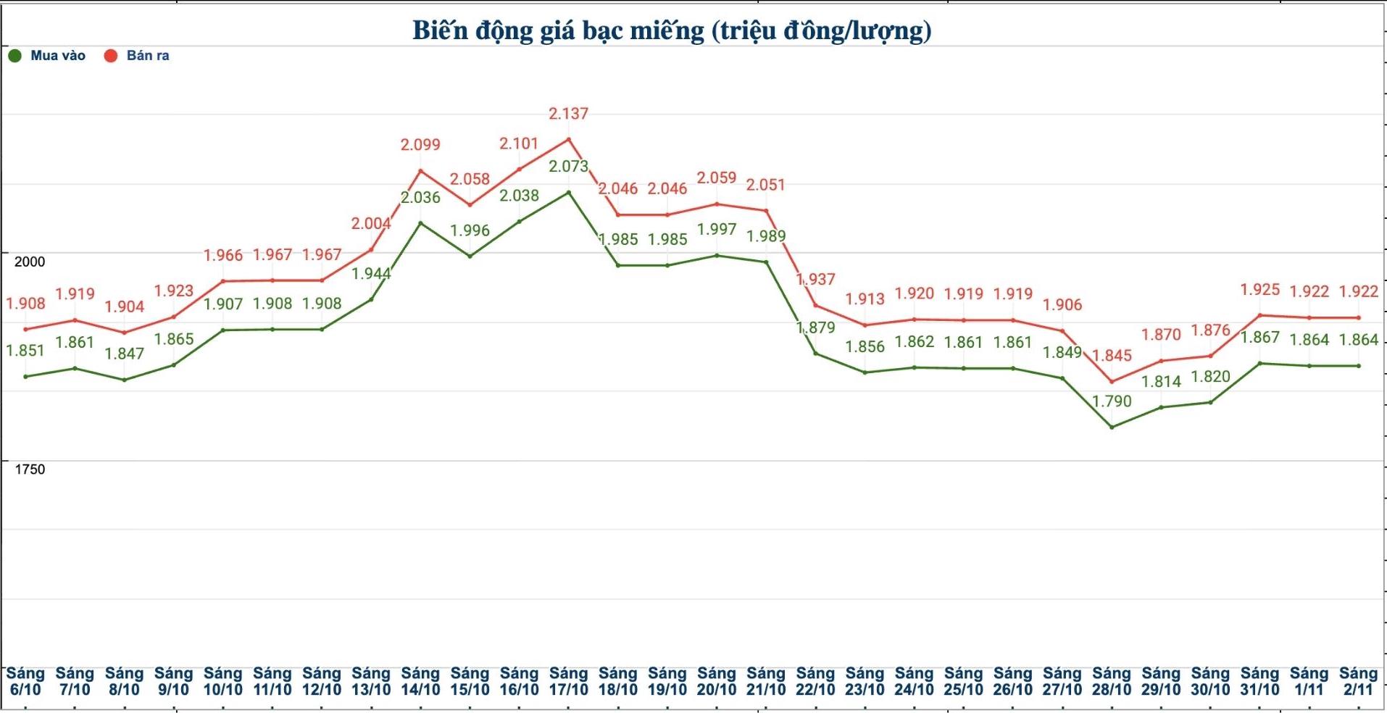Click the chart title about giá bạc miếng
point(672,30)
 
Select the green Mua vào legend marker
point(14,56)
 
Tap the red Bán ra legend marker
point(111,56)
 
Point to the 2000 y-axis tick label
point(30,262)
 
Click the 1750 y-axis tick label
point(30,470)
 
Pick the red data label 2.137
point(568,114)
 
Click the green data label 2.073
point(568,167)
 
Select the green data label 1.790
point(1112,401)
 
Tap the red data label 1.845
point(1112,356)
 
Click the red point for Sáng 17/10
point(568,139)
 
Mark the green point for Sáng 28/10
point(1112,427)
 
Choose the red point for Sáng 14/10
point(420,171)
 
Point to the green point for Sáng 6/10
point(25,377)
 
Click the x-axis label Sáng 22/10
point(815,682)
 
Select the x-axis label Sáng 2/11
point(1358,682)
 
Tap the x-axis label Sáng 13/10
point(371,682)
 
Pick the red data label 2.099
point(420,145)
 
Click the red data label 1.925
point(1259,290)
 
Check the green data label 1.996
point(470,231)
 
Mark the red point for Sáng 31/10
point(1259,315)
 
